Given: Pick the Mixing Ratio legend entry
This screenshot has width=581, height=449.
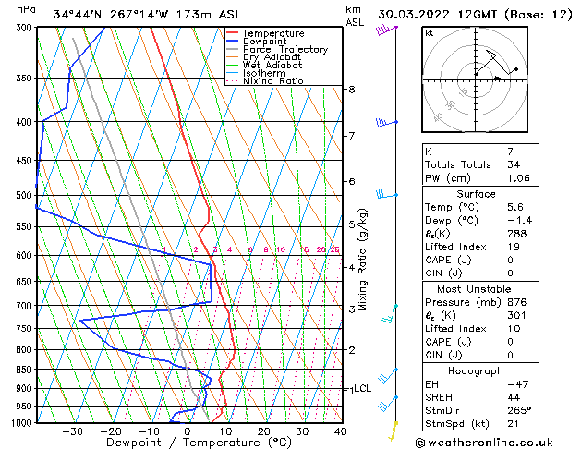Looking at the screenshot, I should (273, 81).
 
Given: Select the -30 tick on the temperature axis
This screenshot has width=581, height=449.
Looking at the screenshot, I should (72, 431).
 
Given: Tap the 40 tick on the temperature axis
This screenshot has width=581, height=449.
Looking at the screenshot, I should (340, 431).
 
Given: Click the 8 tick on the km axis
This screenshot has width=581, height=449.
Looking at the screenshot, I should (352, 90).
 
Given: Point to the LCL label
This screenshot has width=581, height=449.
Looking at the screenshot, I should (362, 389).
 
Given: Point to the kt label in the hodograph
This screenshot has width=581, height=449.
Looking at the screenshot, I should (429, 33).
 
